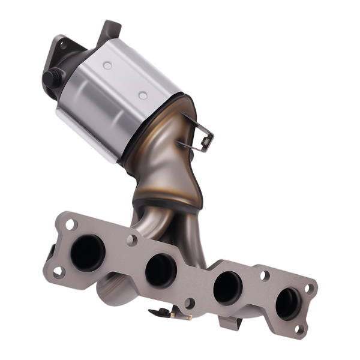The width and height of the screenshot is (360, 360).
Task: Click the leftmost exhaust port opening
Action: click(x=88, y=252)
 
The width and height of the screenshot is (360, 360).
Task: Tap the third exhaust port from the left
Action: click(x=228, y=287)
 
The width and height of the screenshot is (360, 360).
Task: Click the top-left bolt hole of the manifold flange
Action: click(x=71, y=224)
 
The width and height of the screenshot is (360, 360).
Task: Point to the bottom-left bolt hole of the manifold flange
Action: click(x=58, y=272)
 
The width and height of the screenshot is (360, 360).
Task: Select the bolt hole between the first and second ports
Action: click(x=131, y=241)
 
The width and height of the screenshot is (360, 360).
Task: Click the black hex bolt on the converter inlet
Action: click(x=53, y=78)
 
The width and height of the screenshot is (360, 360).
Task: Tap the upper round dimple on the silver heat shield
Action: click(x=107, y=65)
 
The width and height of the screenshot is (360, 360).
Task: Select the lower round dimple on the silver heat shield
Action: click(x=143, y=95)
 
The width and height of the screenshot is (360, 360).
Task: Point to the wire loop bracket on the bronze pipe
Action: click(x=201, y=137)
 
